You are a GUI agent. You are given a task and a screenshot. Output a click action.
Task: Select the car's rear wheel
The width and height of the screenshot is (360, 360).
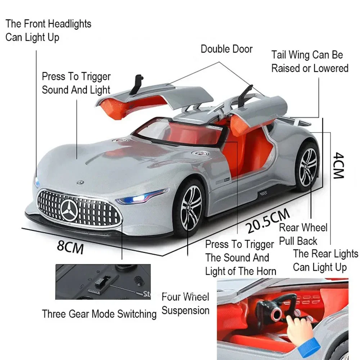click(307, 166)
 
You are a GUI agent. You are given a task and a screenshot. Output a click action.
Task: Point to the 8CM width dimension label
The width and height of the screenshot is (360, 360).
click(70, 247)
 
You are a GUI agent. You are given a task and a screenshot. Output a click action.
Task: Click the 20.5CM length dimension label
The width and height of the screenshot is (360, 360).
click(268, 221)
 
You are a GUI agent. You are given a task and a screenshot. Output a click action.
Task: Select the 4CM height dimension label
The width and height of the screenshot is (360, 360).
click(338, 165)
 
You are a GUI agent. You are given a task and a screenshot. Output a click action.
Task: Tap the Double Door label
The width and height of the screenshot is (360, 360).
click(226, 49)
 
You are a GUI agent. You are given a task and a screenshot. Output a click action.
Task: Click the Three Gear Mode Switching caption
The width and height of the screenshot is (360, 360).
click(99, 314)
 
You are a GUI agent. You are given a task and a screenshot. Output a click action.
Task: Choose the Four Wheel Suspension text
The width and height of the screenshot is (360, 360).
click(185, 303)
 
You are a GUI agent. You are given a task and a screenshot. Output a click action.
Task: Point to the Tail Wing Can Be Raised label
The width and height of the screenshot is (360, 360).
click(310, 62)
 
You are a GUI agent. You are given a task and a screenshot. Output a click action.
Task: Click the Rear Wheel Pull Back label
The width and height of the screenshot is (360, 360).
click(303, 234)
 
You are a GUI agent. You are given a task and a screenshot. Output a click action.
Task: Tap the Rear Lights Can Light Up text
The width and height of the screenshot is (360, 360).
click(325, 260)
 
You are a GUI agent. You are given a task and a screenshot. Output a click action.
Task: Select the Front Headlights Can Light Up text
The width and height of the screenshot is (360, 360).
click(48, 31)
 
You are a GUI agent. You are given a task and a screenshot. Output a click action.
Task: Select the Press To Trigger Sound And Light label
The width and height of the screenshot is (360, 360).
click(76, 83)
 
